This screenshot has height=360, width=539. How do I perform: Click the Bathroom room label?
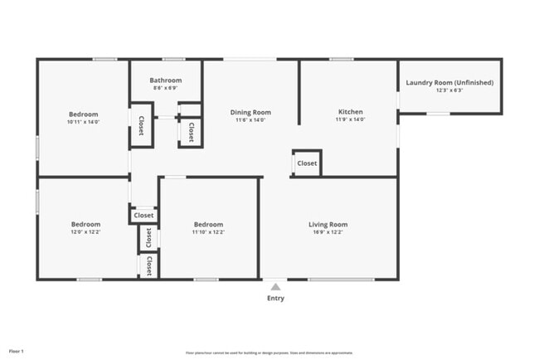pyautogui.click(x=166, y=80)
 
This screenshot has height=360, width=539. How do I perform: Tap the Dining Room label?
pyautogui.click(x=250, y=112)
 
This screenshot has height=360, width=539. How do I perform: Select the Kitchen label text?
pyautogui.click(x=350, y=112)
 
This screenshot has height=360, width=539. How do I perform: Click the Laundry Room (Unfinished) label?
pyautogui.click(x=450, y=82)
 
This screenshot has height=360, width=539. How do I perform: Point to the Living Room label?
pyautogui.click(x=328, y=224)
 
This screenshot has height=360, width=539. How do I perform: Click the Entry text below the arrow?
pyautogui.click(x=275, y=299)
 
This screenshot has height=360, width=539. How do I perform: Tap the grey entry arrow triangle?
pyautogui.click(x=275, y=286)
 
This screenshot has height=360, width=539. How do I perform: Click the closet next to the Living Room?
pyautogui.click(x=307, y=163)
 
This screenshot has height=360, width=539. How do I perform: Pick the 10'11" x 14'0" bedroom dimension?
pyautogui.click(x=84, y=121)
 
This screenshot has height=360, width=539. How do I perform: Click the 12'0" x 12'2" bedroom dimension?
pyautogui.click(x=85, y=232)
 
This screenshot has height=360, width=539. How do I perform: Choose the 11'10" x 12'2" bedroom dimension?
pyautogui.click(x=208, y=232)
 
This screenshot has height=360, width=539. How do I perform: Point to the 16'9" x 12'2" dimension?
pyautogui.click(x=328, y=232)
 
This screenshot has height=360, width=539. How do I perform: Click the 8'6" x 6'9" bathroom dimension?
pyautogui.click(x=166, y=87)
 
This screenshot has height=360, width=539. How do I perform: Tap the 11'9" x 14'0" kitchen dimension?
pyautogui.click(x=350, y=119)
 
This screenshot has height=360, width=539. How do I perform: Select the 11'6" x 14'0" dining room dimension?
pyautogui.click(x=250, y=119)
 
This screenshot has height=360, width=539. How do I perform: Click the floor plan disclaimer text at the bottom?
pyautogui.click(x=268, y=352)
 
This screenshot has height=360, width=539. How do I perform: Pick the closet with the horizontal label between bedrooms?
pyautogui.click(x=143, y=215)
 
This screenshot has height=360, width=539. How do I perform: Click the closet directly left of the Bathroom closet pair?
pyautogui.click(x=141, y=125)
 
